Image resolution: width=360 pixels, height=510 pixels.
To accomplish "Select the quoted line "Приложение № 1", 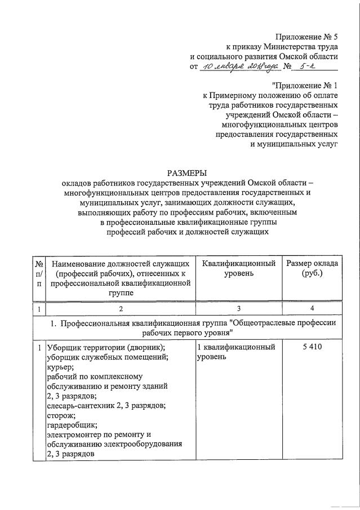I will tap(305, 85).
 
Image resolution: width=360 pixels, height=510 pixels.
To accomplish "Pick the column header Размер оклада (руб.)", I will tap(312, 268).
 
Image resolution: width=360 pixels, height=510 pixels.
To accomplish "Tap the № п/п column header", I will tap(39, 273).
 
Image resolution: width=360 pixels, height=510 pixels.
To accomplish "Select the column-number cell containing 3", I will tap(238, 308).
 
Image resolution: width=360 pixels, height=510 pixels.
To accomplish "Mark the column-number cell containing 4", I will tap(312, 308).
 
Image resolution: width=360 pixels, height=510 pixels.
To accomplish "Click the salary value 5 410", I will tap(312, 348).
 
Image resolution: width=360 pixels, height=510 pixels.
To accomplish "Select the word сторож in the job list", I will tap(61, 415).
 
